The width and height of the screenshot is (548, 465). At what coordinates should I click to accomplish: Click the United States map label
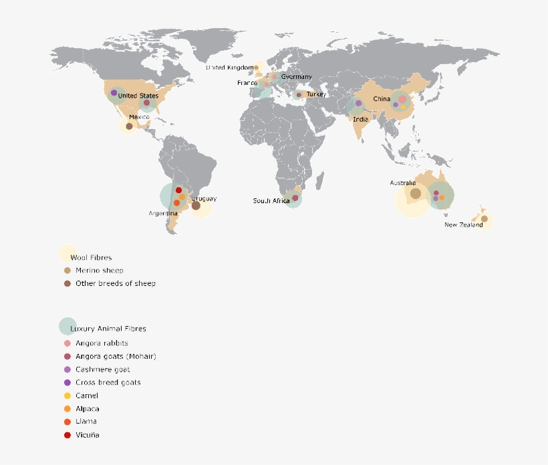tap(138, 96)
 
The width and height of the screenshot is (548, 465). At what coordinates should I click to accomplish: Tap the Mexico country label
tap(140, 117)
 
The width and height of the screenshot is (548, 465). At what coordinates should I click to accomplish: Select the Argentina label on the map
tap(163, 213)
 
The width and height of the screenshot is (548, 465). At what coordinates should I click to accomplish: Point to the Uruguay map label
tap(204, 198)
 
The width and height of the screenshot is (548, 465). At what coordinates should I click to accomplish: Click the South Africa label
tap(271, 200)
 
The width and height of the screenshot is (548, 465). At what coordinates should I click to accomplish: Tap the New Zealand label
tap(464, 225)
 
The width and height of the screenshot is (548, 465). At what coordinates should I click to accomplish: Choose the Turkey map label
tap(316, 95)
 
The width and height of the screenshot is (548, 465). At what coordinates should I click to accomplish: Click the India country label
tap(361, 120)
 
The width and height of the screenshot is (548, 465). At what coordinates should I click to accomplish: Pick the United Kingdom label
tap(229, 67)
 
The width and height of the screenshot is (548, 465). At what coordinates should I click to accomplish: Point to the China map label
tap(382, 99)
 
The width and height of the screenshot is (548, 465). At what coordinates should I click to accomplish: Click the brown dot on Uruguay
tap(196, 206)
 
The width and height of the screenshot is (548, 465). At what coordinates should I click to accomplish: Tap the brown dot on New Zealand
tap(485, 218)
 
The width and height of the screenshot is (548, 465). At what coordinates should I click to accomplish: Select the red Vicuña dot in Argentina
tap(178, 190)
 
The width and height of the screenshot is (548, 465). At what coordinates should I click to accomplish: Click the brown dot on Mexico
tap(130, 126)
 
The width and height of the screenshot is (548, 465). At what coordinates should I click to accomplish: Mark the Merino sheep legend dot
tap(67, 271)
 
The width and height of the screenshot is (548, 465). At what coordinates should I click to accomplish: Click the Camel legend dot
tap(67, 396)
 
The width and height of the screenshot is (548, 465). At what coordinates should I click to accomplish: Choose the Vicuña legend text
tap(88, 435)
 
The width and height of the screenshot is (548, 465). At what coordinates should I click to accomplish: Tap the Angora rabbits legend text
tap(102, 343)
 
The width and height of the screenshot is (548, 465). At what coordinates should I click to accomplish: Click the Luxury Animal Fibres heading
tap(108, 329)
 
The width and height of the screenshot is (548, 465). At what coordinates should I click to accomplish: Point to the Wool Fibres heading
tap(91, 257)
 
